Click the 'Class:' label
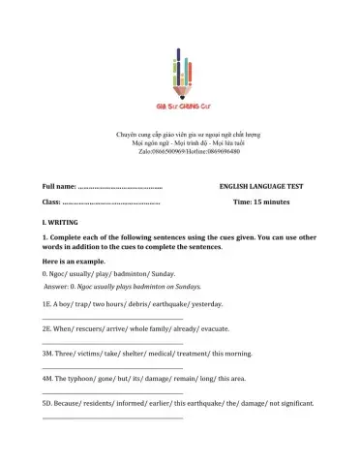(x=51, y=201)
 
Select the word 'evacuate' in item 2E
(x=215, y=328)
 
